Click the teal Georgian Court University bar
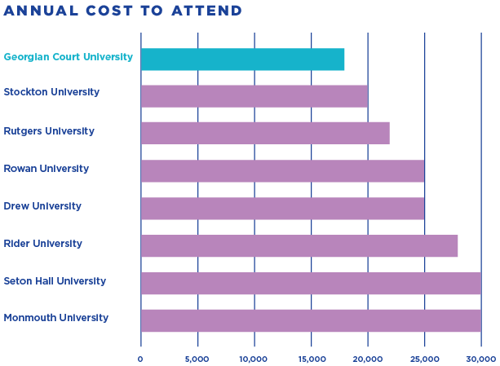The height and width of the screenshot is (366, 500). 242,60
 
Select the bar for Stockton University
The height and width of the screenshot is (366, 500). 254,96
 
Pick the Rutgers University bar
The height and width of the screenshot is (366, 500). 265,133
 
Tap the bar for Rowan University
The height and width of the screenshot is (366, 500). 282,170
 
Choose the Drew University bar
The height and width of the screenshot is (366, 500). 282,208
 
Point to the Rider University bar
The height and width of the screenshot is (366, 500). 299,245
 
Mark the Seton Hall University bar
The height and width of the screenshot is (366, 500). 311,283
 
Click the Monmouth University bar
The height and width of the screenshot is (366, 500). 311,320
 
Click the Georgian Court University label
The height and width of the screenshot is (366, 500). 68,57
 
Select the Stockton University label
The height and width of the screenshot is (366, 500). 51,92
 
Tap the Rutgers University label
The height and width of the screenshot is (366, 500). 49,131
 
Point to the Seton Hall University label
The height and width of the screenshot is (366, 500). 55,281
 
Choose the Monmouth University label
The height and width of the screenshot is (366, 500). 55,318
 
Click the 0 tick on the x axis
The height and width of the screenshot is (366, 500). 140,359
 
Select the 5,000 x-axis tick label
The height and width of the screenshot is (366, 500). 197,359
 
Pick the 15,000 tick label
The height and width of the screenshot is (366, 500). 311,359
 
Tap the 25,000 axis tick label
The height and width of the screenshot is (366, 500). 424,359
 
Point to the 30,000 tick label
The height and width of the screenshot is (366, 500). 481,359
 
